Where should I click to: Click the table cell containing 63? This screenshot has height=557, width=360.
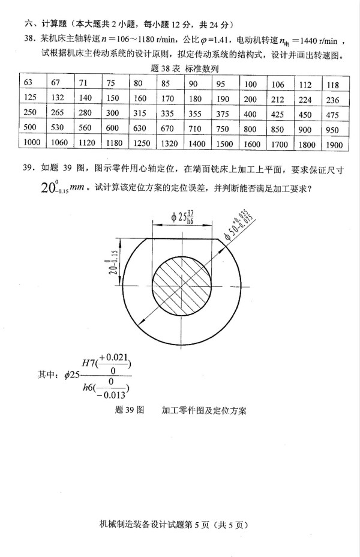click(28, 83)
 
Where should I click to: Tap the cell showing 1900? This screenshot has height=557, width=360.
click(335, 145)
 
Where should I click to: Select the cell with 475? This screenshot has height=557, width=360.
click(335, 114)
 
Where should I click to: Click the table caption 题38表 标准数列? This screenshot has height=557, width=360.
click(185, 69)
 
